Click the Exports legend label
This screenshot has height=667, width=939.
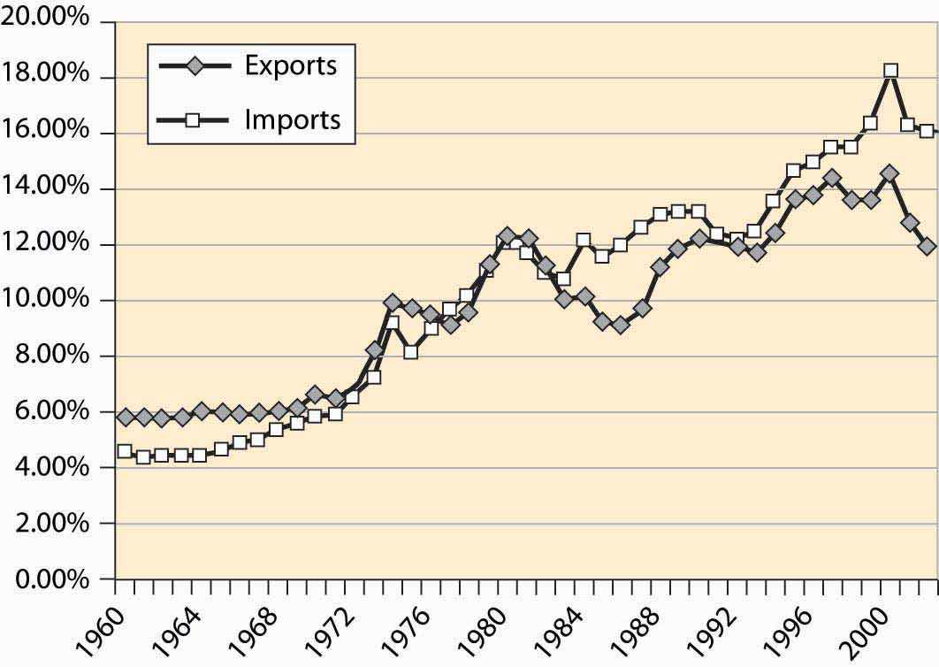click(291, 66)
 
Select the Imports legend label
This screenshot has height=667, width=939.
click(293, 119)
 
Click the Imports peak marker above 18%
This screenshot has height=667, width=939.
click(889, 71)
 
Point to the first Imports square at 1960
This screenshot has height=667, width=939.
click(125, 451)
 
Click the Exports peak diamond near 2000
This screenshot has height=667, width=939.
click(889, 173)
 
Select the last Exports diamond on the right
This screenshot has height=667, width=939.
click(927, 246)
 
